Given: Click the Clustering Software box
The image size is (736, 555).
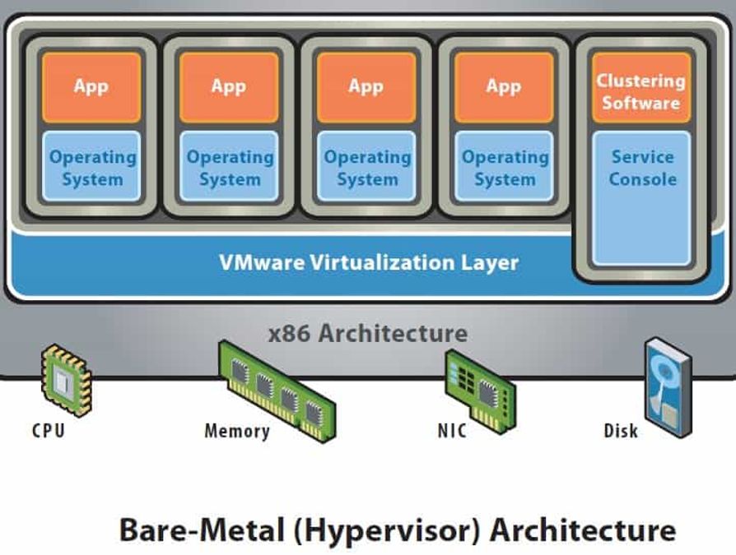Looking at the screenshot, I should tap(641, 90).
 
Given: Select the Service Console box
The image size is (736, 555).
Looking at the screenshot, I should tap(641, 197).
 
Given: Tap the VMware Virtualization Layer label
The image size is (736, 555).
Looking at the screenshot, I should tap(368, 262).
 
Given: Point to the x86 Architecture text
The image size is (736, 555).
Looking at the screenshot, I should tap(368, 333).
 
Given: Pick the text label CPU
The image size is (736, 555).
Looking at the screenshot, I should tap(48, 430).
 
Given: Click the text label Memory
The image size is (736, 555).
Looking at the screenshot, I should tap(236, 430).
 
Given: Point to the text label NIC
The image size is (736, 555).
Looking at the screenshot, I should tap(452, 430).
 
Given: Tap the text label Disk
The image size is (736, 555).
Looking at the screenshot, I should tap(620, 430).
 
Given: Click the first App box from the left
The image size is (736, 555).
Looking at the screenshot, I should tap(91, 86).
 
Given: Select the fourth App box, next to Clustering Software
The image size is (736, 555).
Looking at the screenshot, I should tap(503, 86).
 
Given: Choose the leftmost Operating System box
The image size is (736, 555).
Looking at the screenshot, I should tap(92, 168).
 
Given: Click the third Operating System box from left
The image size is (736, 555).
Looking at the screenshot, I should tap(367, 168).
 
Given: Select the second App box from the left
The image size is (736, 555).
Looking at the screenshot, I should tap(228, 86).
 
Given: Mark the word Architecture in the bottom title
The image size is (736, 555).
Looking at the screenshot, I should tap(584, 530).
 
